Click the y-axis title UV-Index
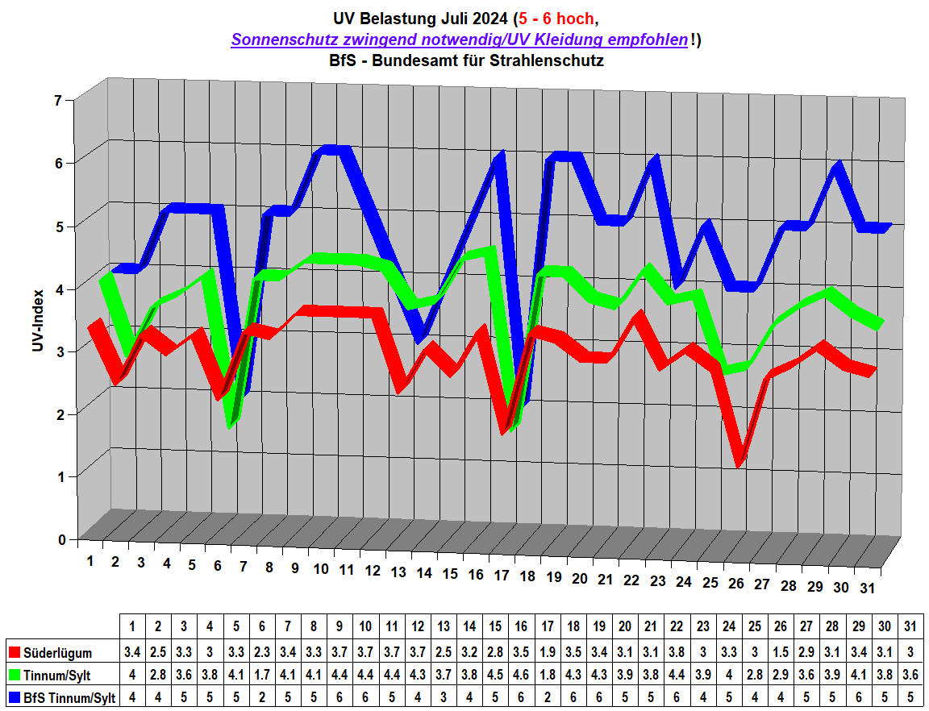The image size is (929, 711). coord(37,321)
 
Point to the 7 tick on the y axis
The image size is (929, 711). coord(57,101)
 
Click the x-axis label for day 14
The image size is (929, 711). coord(424,573)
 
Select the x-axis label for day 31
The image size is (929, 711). coord(867,588)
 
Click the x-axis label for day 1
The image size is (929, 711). coord(90,559)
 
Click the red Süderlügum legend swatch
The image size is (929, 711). coord(13,652)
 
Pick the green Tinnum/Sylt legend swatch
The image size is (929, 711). coord(13,676)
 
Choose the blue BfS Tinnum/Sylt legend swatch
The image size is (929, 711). coord(13,698)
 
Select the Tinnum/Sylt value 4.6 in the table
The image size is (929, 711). coord(520,676)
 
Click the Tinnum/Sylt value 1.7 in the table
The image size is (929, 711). coord(261,676)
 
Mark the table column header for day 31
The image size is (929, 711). coord(910,626)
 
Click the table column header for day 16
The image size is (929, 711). coord(520,626)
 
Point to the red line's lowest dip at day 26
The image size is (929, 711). coord(738,462)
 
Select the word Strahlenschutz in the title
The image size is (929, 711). coord(552,60)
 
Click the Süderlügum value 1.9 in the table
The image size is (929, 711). coord(546,652)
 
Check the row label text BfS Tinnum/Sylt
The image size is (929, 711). coord(71,698)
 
